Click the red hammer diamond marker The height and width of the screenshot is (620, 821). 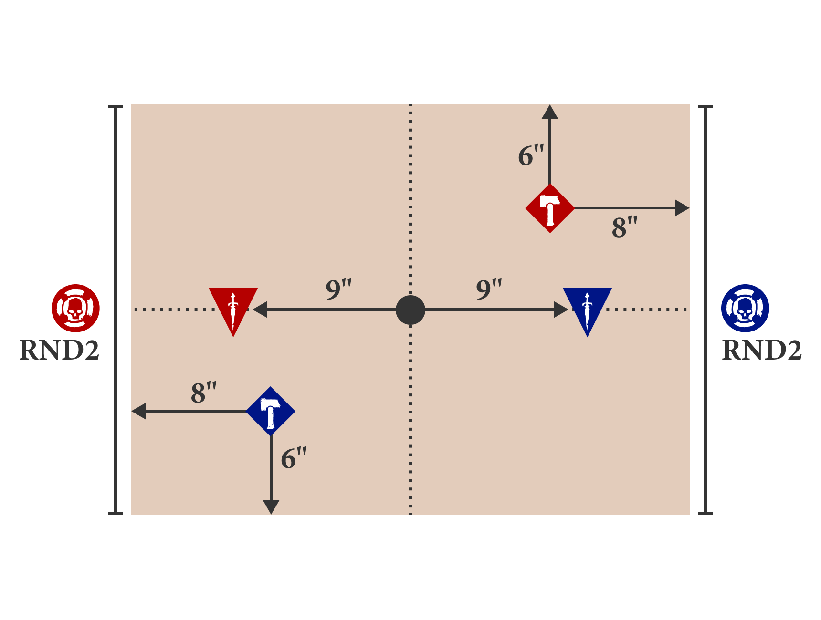click(x=550, y=208)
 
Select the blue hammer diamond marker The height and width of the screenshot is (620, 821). click(x=271, y=411)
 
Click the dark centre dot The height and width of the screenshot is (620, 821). click(x=410, y=310)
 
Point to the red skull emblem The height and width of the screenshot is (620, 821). click(x=75, y=308)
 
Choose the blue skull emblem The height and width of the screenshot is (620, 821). click(x=745, y=308)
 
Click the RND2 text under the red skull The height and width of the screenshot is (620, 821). click(x=59, y=350)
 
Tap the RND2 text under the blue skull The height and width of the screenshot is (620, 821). click(x=762, y=350)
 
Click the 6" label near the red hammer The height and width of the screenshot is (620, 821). click(x=531, y=155)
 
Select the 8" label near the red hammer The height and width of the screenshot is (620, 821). click(x=624, y=227)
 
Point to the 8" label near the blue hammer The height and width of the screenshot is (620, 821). click(x=203, y=393)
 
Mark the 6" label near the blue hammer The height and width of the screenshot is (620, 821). click(x=293, y=458)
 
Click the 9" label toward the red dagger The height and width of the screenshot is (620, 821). click(x=338, y=289)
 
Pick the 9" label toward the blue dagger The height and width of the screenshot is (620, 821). click(x=489, y=289)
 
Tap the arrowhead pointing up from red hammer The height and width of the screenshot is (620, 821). click(x=550, y=113)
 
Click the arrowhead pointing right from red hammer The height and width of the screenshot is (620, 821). click(x=682, y=208)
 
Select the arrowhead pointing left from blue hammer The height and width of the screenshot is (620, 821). click(x=139, y=411)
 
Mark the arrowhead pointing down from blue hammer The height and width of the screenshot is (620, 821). click(x=271, y=506)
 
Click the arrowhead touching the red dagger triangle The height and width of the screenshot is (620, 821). click(x=260, y=310)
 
